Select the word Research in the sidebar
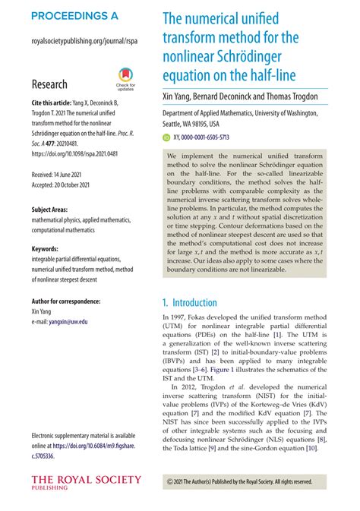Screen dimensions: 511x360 49,84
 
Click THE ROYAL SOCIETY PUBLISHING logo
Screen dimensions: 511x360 86,482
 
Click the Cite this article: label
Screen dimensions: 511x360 57,103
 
